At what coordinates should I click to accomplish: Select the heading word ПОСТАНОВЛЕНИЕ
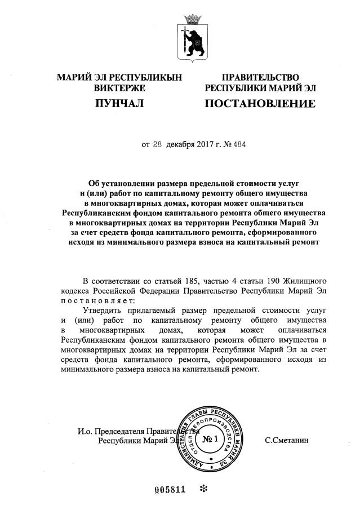[x=260, y=104]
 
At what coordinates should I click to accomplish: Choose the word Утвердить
[x=105, y=311]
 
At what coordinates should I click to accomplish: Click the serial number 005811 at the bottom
[x=170, y=489]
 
